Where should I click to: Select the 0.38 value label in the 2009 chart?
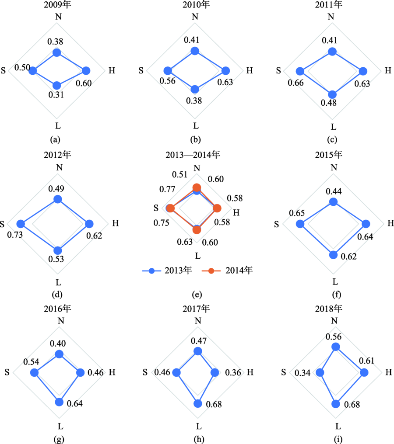pyautogui.click(x=56, y=42)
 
